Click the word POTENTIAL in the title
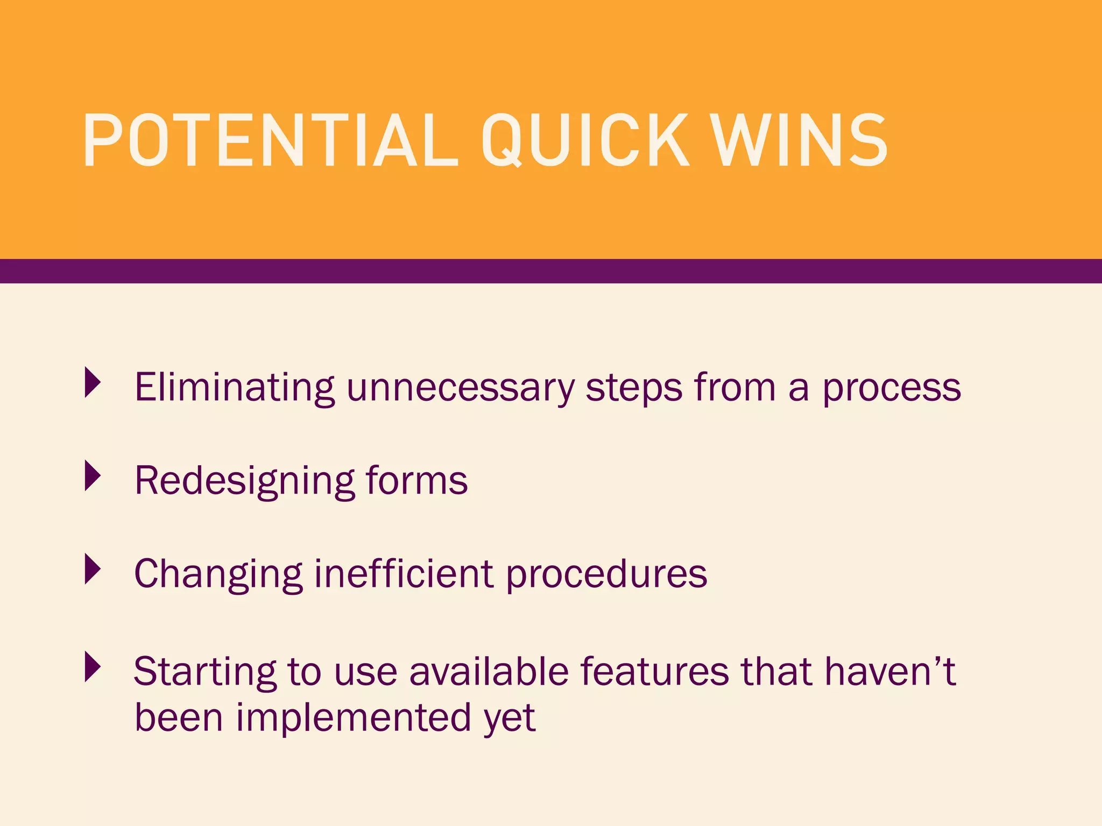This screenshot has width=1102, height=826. [x=269, y=141]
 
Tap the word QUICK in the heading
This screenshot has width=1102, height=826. [x=584, y=141]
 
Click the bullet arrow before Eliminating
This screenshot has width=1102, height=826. [x=93, y=382]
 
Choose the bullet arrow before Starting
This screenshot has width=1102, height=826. [x=93, y=667]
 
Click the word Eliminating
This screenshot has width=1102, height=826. [x=234, y=387]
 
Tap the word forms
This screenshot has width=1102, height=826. [x=416, y=480]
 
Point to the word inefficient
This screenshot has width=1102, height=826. [x=404, y=573]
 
